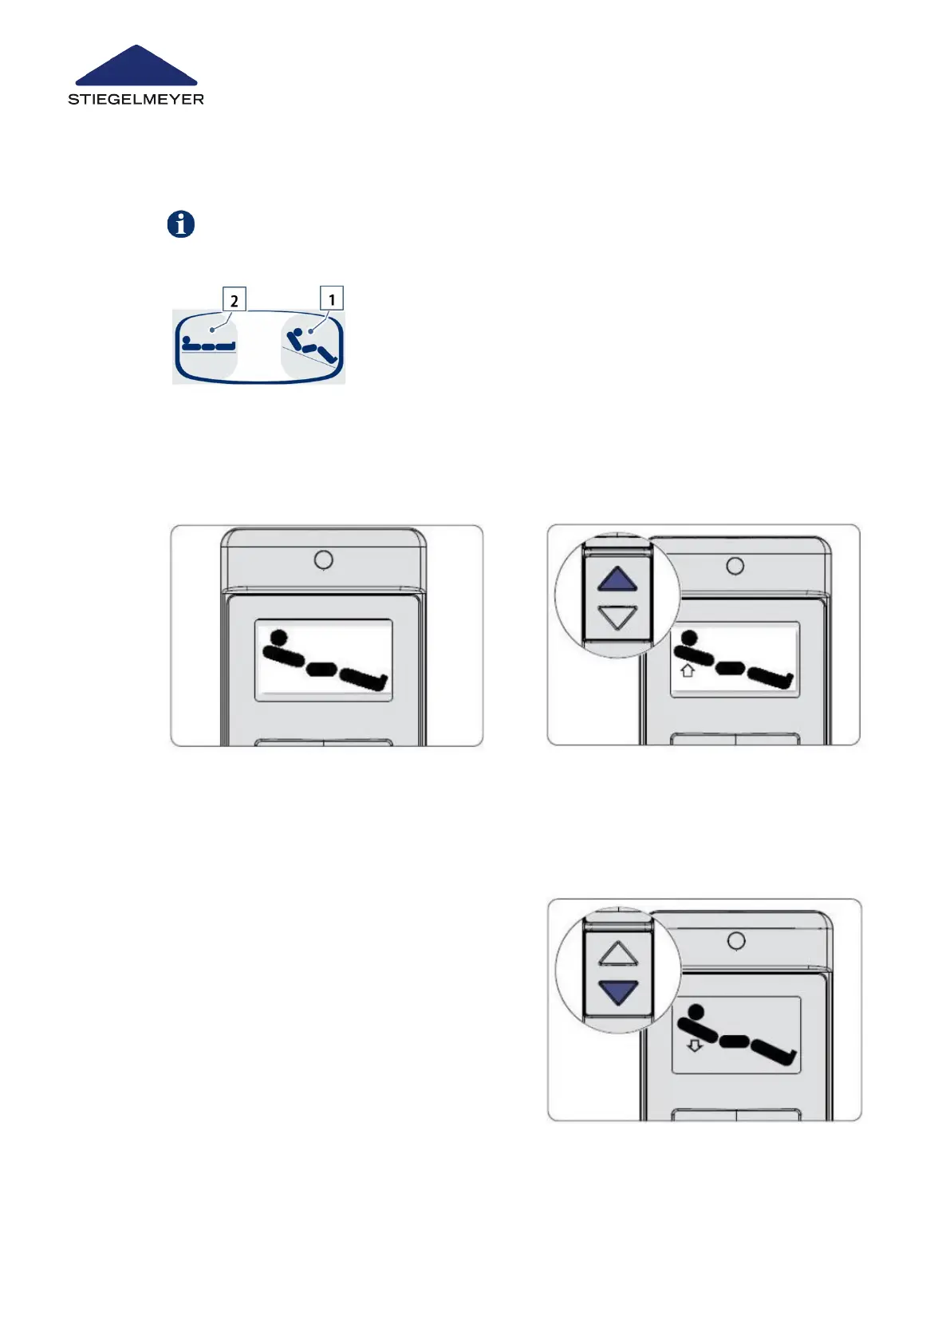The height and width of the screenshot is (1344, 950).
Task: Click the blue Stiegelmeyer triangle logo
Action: (136, 67)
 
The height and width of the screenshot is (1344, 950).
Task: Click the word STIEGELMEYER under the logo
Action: (136, 100)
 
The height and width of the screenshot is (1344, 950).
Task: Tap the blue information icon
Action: (181, 224)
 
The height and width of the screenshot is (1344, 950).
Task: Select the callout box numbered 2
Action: (234, 300)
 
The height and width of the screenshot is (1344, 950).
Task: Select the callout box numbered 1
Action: (332, 298)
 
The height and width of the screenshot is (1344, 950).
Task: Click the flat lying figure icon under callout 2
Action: (208, 345)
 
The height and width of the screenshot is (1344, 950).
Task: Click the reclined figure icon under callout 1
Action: (313, 345)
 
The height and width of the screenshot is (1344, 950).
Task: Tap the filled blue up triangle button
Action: (617, 579)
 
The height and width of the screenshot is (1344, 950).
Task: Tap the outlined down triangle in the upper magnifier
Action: (617, 617)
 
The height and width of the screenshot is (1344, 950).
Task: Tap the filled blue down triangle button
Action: (618, 992)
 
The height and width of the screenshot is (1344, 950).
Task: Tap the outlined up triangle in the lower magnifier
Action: (618, 953)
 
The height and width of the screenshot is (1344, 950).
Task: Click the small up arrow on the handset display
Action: (687, 670)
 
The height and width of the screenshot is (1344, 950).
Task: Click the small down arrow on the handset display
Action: (695, 1045)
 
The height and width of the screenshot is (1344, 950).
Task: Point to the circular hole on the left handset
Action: (323, 560)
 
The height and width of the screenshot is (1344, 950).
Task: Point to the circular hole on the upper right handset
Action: (735, 566)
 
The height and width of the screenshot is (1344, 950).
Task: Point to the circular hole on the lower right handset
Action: (737, 941)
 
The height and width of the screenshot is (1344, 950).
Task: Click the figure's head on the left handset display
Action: (278, 638)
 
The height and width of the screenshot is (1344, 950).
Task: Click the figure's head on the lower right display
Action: (696, 1013)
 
